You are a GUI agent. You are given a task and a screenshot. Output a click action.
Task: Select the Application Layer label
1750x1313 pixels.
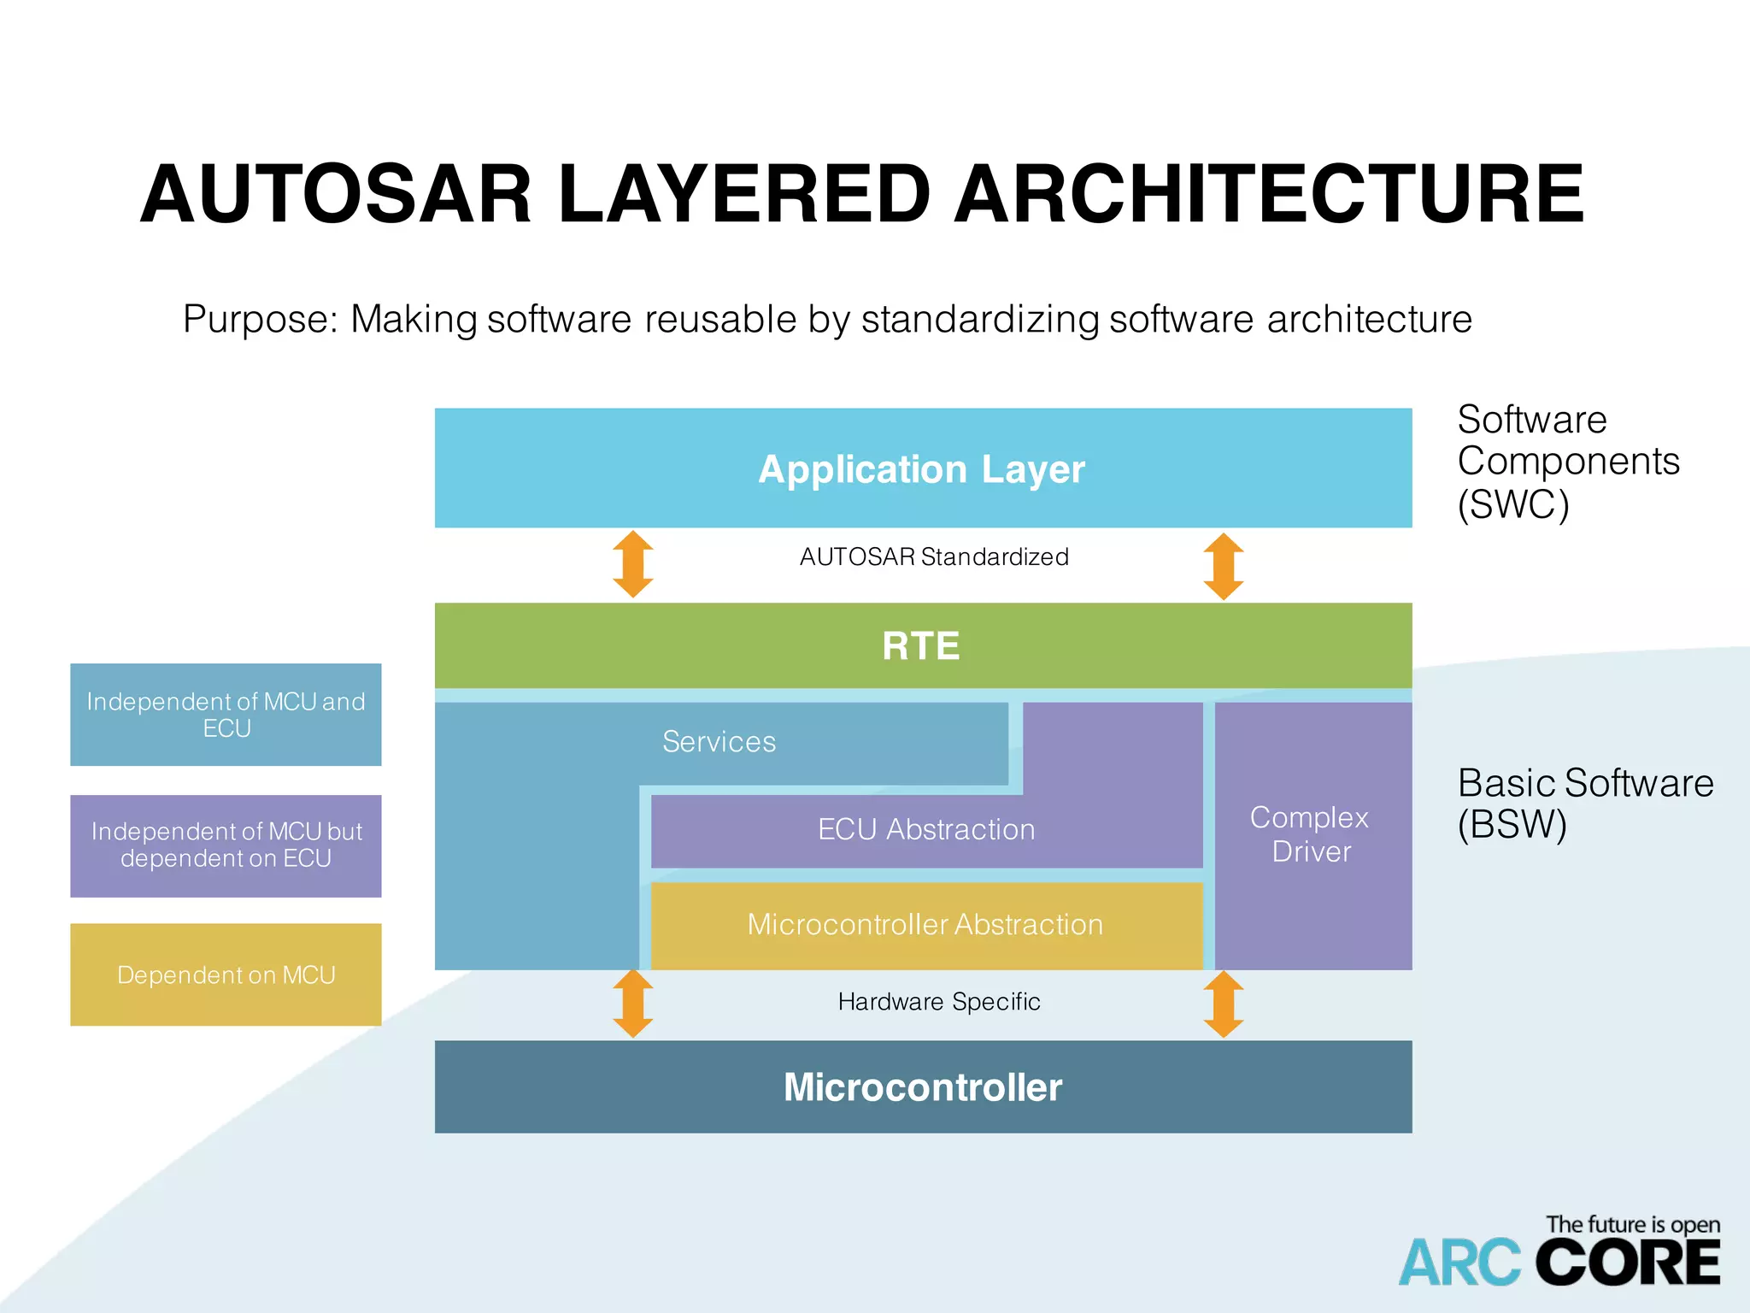[x=921, y=469]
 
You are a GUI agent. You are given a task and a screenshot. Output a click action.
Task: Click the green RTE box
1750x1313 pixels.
[x=921, y=646]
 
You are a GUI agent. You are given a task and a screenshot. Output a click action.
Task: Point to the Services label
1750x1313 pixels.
[x=719, y=742]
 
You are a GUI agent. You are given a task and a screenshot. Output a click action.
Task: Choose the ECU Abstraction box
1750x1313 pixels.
[x=926, y=830]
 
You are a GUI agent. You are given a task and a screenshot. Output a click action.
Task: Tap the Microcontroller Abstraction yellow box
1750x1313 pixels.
[x=925, y=925]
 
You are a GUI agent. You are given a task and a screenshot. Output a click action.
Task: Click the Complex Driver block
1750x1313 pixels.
[x=1312, y=835]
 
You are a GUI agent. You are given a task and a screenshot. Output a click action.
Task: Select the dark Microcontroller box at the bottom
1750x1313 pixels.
[x=923, y=1087]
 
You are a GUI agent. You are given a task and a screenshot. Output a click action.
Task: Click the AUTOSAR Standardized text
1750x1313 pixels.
[x=934, y=557]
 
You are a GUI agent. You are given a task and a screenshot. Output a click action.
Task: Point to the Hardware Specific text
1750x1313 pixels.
[x=939, y=1002]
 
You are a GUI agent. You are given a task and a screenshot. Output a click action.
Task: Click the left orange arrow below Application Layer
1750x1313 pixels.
[x=633, y=564]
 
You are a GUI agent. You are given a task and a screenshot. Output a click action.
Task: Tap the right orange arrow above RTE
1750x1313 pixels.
[x=1224, y=566]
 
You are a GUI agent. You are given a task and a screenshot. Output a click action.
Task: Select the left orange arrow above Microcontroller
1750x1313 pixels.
[x=633, y=1004]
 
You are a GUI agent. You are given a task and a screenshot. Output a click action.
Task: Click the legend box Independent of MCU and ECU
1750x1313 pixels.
[x=226, y=715]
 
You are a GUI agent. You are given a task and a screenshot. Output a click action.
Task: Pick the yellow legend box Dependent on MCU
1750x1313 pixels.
[x=226, y=974]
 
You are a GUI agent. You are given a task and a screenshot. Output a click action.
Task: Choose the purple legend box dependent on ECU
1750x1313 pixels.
[x=226, y=845]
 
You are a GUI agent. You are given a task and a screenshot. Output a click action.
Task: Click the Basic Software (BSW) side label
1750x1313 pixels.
[x=1584, y=804]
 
